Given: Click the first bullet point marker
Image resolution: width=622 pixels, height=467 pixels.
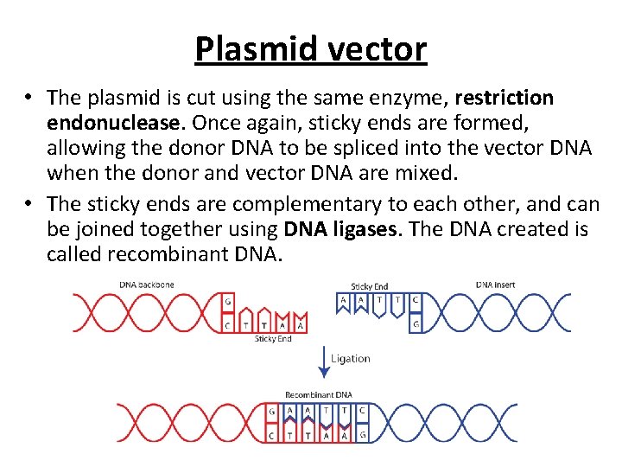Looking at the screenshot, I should point(29,99).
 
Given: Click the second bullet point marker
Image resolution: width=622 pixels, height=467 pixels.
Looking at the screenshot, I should point(29,204).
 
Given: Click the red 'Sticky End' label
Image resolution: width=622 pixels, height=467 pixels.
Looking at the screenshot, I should point(273,339).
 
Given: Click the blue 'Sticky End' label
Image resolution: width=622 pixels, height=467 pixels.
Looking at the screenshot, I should point(370,286).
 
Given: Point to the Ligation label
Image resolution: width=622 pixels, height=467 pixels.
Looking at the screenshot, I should point(350,358).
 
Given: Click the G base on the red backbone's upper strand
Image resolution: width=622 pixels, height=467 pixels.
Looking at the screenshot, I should point(227,302).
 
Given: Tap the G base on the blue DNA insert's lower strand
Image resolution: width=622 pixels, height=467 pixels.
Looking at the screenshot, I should point(416,324).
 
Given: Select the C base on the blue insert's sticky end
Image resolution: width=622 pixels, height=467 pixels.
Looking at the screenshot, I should point(416,301).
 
